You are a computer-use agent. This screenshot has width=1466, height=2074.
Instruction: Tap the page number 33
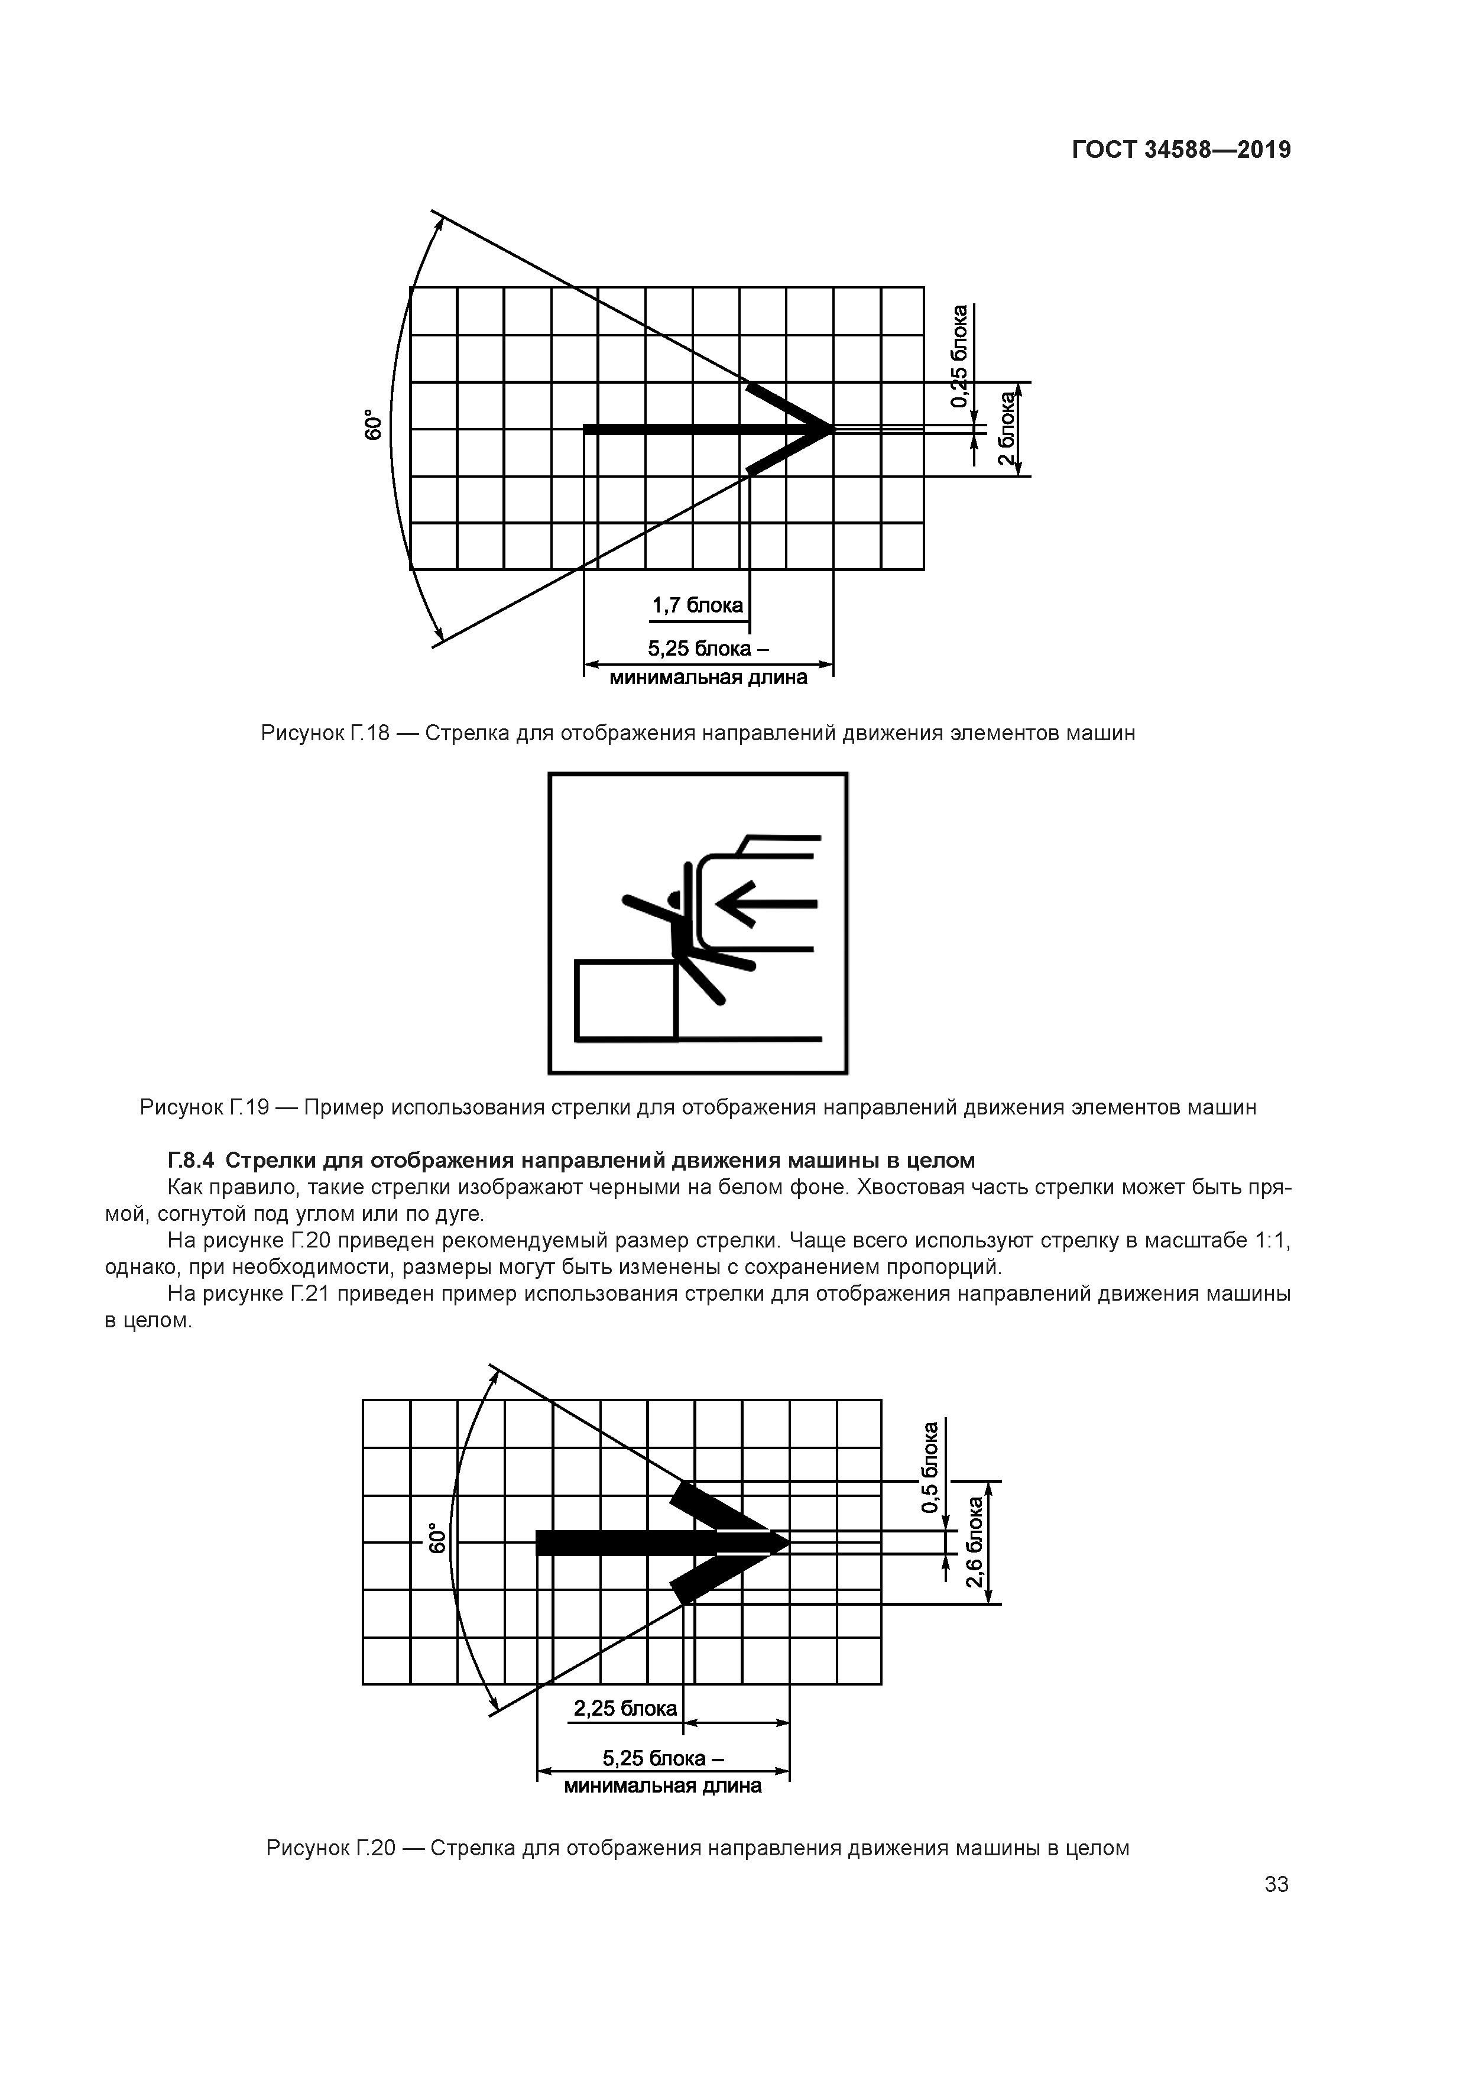click(x=1276, y=1884)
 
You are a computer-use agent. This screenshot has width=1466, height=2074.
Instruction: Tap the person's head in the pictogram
click(x=674, y=899)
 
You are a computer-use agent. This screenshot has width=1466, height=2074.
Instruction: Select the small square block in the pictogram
click(x=626, y=1000)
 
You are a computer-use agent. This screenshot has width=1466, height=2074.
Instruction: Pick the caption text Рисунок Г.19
click(x=204, y=1107)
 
